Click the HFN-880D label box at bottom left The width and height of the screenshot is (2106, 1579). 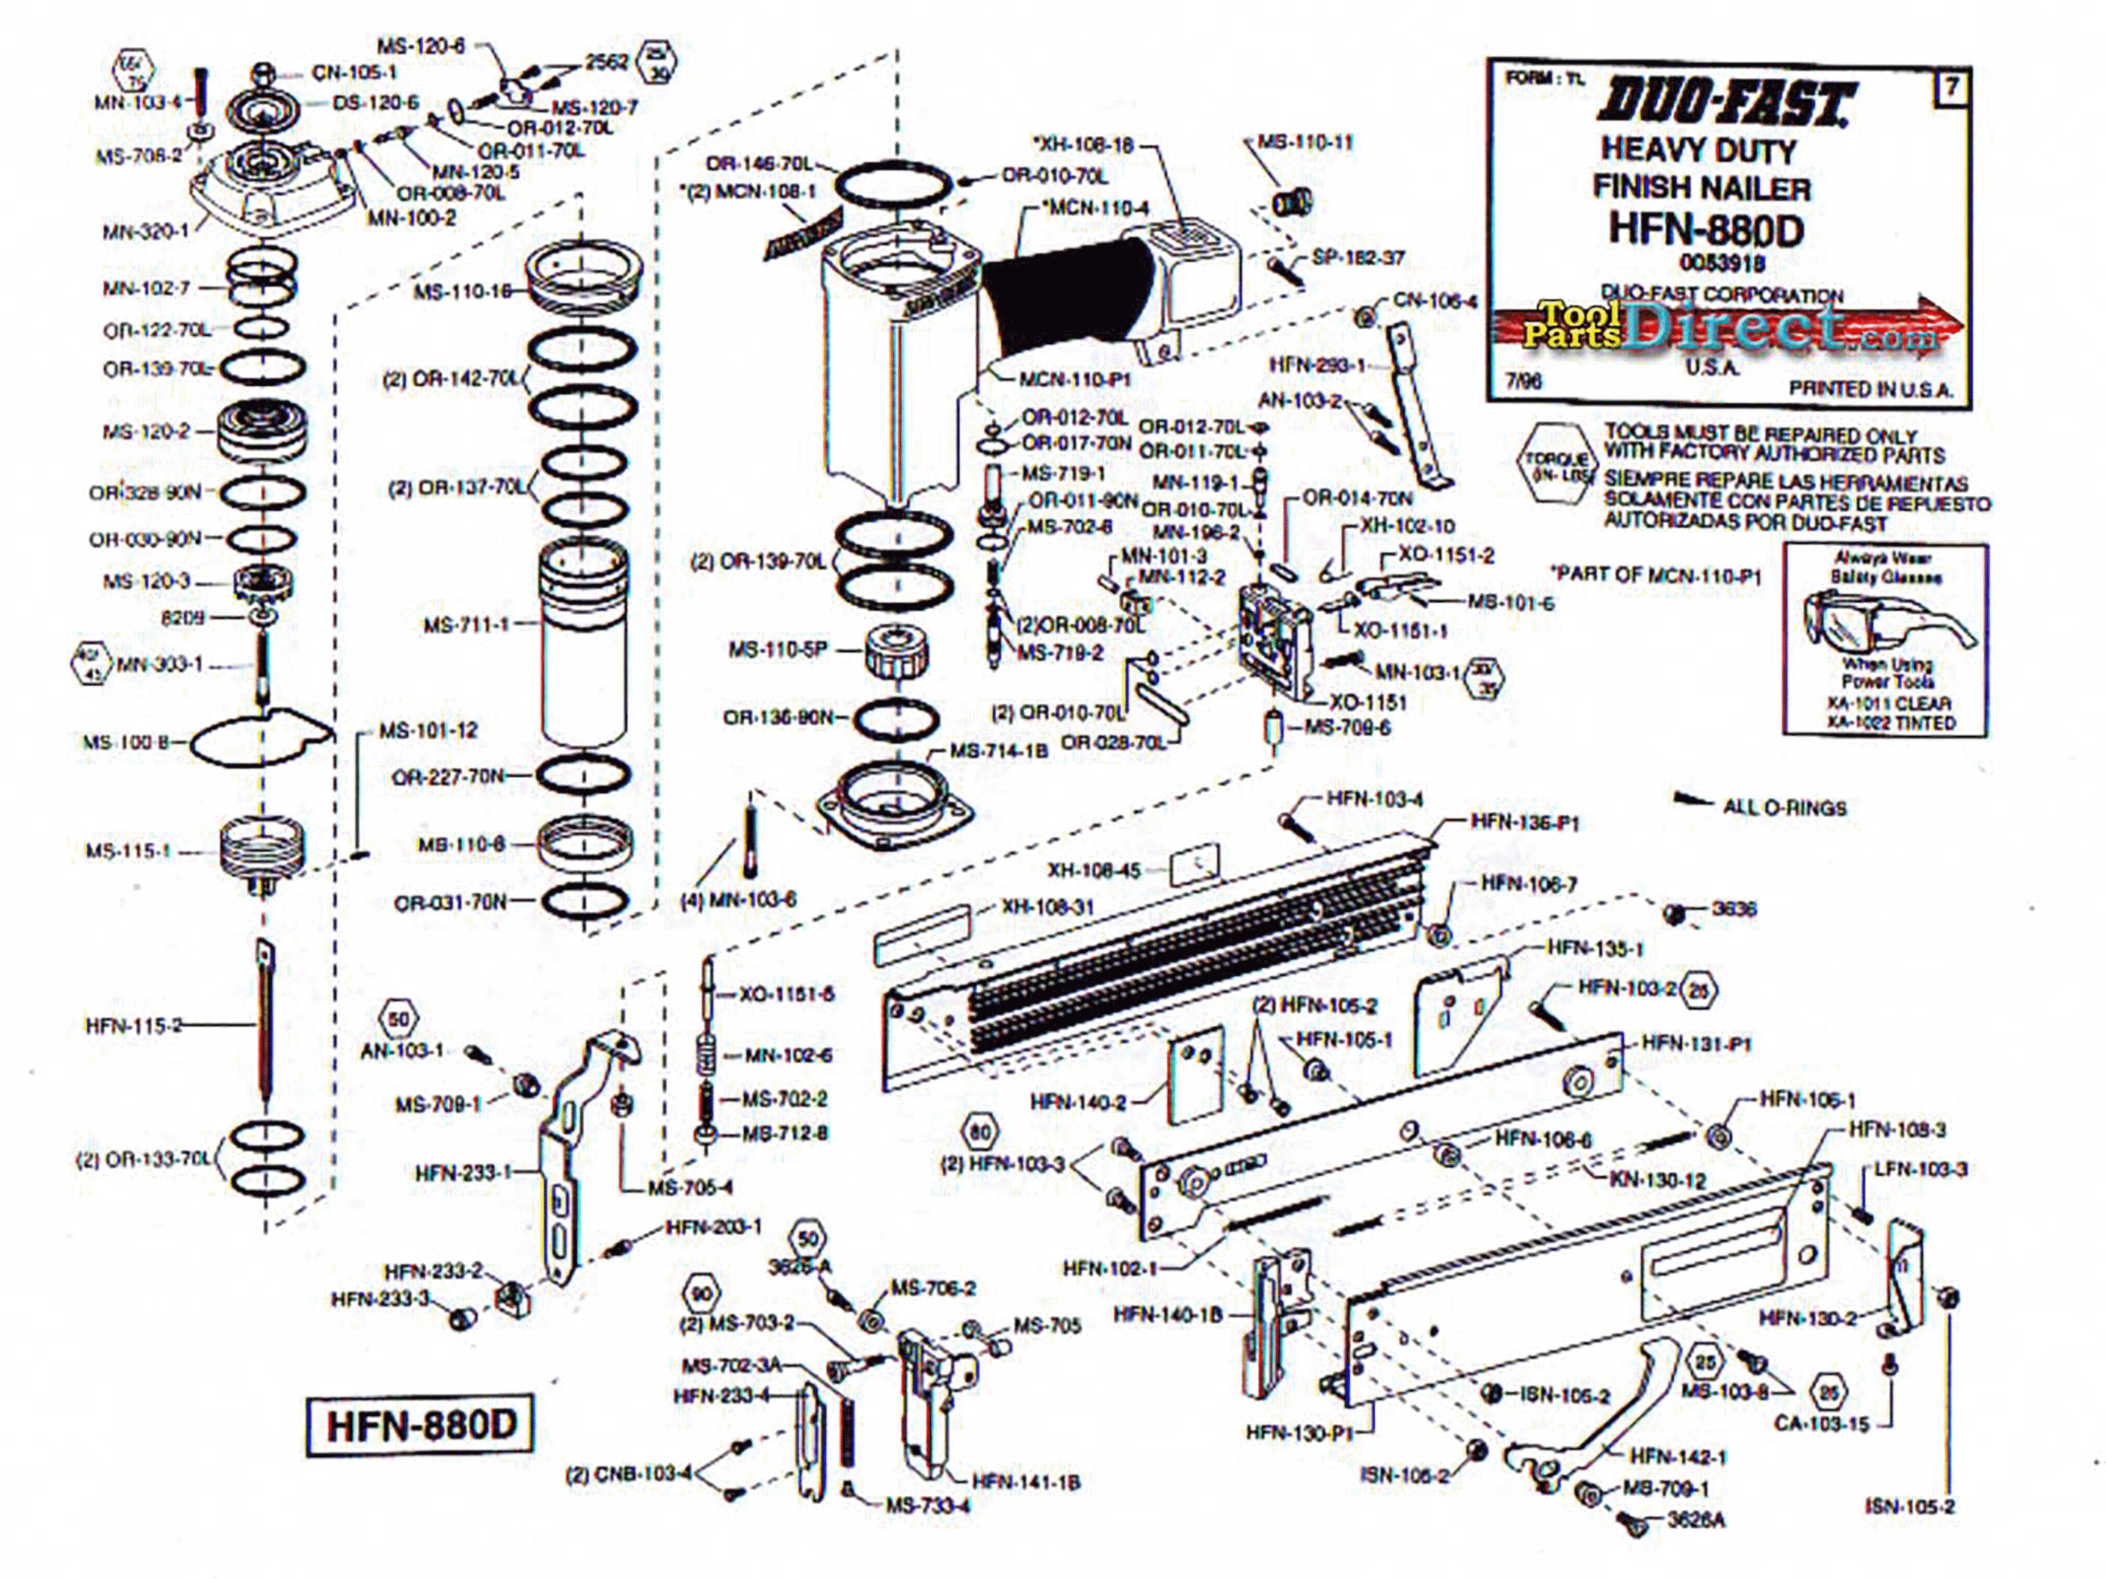tap(420, 1426)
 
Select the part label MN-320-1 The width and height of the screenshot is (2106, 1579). tap(146, 230)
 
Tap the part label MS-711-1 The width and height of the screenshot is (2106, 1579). tap(467, 625)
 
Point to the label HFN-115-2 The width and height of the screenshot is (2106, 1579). tap(133, 1025)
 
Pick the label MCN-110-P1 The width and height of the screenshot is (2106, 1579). tap(1075, 379)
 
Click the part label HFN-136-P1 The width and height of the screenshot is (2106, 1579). tap(1524, 823)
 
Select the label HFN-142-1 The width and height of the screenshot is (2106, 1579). tap(1678, 1456)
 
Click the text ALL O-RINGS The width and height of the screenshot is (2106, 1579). tap(1785, 809)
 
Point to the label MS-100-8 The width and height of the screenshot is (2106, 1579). tap(126, 742)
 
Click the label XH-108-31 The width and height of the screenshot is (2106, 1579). tap(1047, 907)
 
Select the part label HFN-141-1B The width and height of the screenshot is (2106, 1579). tap(1026, 1482)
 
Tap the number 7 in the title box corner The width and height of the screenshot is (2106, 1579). tap(1950, 88)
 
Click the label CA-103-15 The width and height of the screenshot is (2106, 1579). tap(1821, 1423)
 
